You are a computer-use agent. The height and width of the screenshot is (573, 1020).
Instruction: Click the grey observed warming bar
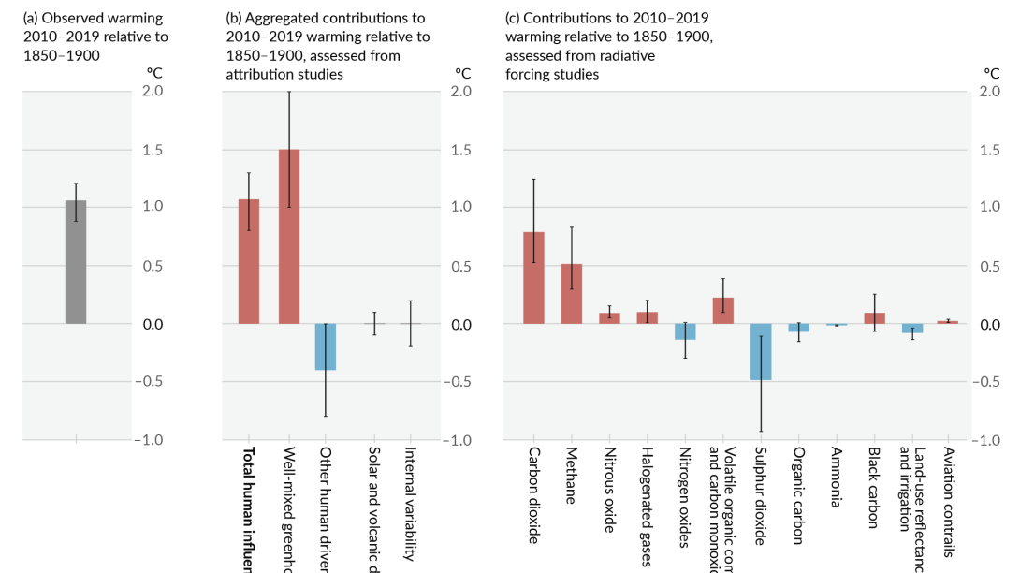76,262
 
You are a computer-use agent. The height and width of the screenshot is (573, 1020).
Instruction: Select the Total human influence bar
249,262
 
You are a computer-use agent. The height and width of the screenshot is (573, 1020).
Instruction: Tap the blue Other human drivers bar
326,346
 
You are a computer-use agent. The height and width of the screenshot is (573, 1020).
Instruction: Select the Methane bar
572,294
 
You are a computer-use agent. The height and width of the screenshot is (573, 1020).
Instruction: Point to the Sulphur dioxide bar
761,351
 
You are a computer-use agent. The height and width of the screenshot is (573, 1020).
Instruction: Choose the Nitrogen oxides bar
685,331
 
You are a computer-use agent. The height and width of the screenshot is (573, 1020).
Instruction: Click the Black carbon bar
874,318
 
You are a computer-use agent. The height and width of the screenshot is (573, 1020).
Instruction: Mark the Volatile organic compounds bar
722,311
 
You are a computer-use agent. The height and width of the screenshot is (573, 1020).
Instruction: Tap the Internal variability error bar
411,324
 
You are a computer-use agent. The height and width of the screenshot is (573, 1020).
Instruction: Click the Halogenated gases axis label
647,506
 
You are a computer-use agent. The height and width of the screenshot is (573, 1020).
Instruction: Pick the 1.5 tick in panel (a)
153,150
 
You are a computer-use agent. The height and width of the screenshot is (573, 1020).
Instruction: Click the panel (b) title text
328,46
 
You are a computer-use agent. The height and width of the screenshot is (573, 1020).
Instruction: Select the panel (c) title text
608,46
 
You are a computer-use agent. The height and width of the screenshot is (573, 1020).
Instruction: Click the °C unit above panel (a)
153,72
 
